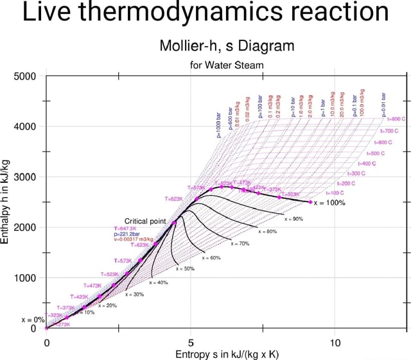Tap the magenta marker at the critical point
point(174,222)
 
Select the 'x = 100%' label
point(330,202)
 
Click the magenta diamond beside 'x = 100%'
point(311,201)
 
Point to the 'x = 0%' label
point(32,319)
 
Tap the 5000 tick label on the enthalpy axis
point(24,76)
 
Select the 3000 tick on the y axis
point(24,177)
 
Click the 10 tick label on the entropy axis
point(335,343)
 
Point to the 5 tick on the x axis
point(191,343)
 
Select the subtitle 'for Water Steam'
point(227,65)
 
